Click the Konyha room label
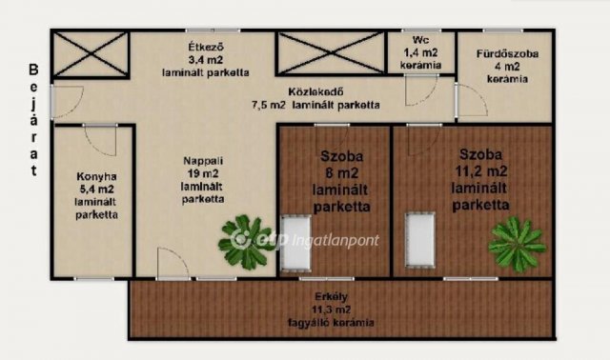point(96,194)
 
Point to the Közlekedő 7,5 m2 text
point(315,99)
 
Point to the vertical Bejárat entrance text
point(33,121)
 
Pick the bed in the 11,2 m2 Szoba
point(418,239)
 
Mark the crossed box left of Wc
point(329,55)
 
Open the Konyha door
point(100,141)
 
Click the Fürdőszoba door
point(471,100)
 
